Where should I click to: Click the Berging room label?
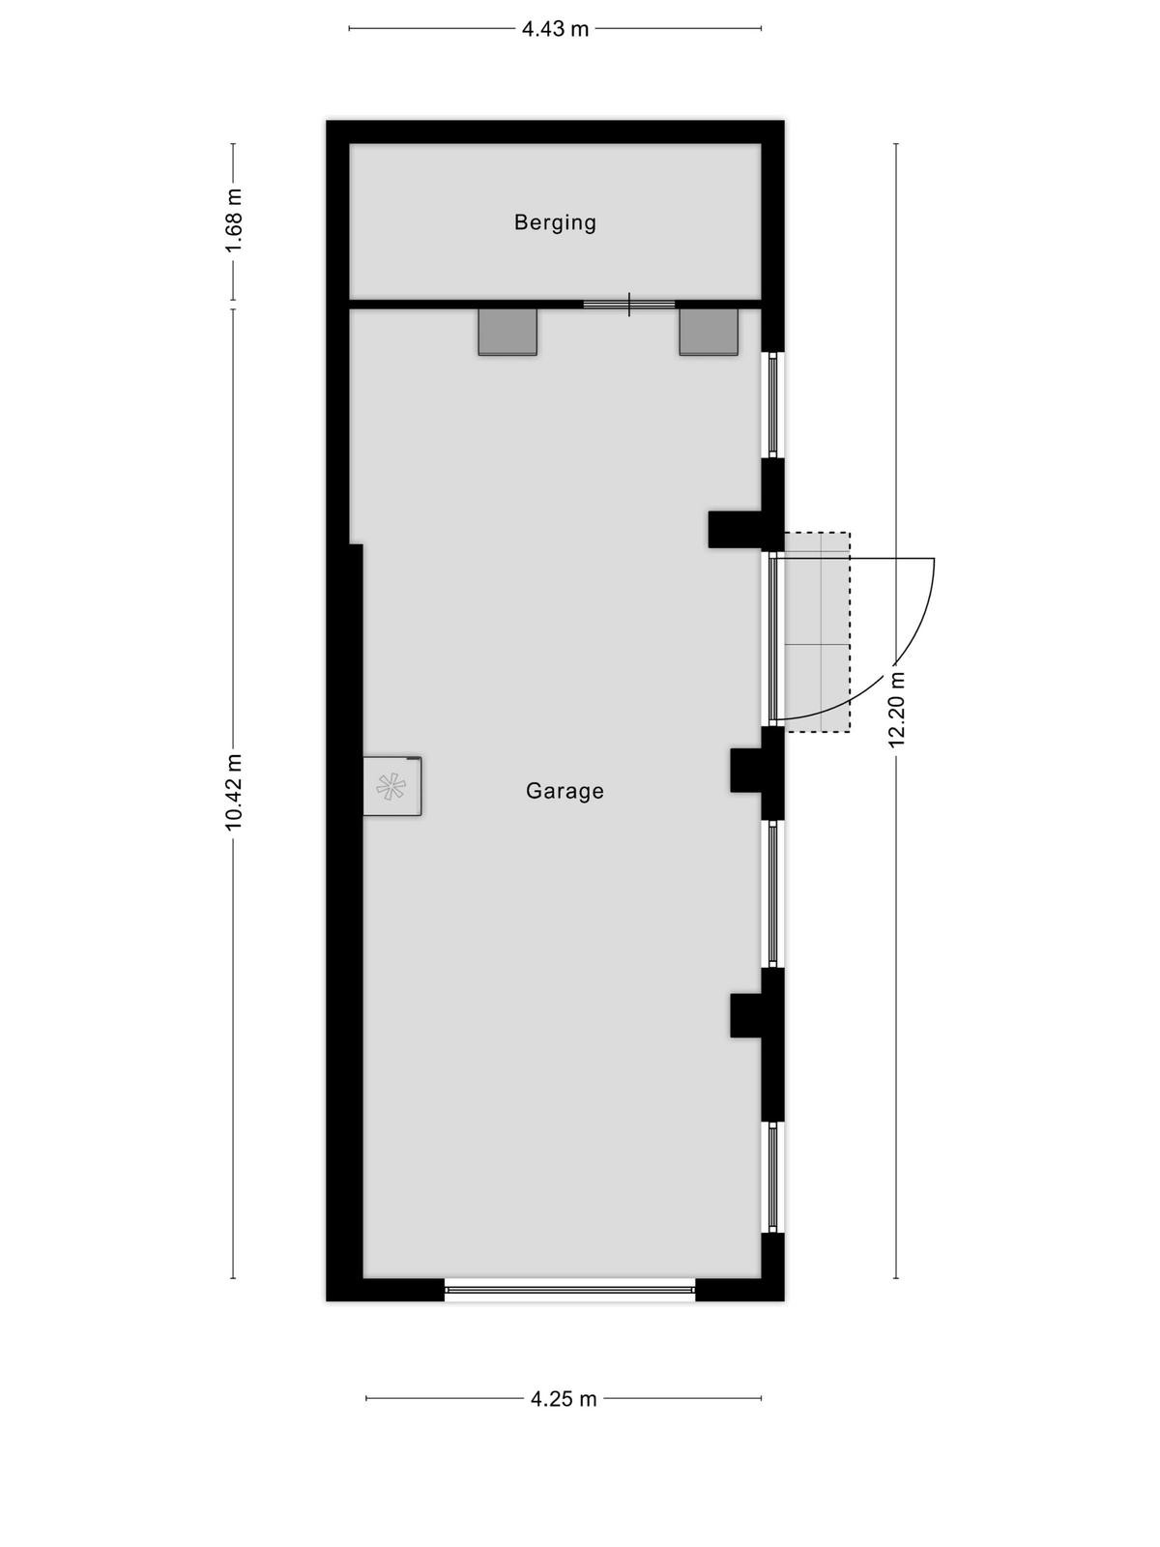click(x=555, y=222)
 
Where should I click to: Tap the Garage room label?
click(x=565, y=791)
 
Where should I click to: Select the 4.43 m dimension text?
click(x=555, y=29)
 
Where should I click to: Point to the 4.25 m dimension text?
click(x=564, y=1399)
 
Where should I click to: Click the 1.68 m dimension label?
click(x=234, y=220)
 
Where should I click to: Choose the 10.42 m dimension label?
click(x=234, y=793)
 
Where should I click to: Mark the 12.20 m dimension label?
click(x=896, y=709)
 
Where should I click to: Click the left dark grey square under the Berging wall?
click(x=507, y=332)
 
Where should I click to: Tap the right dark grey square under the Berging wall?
click(x=709, y=332)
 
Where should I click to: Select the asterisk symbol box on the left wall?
click(x=392, y=786)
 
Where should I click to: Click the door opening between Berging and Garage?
click(x=629, y=305)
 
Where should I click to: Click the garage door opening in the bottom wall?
click(x=569, y=1290)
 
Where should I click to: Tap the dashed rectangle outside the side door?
click(x=817, y=632)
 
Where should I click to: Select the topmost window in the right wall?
click(x=772, y=405)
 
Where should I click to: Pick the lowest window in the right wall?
click(x=772, y=1177)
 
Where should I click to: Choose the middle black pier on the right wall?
click(x=758, y=773)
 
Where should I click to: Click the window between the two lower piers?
click(x=772, y=893)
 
